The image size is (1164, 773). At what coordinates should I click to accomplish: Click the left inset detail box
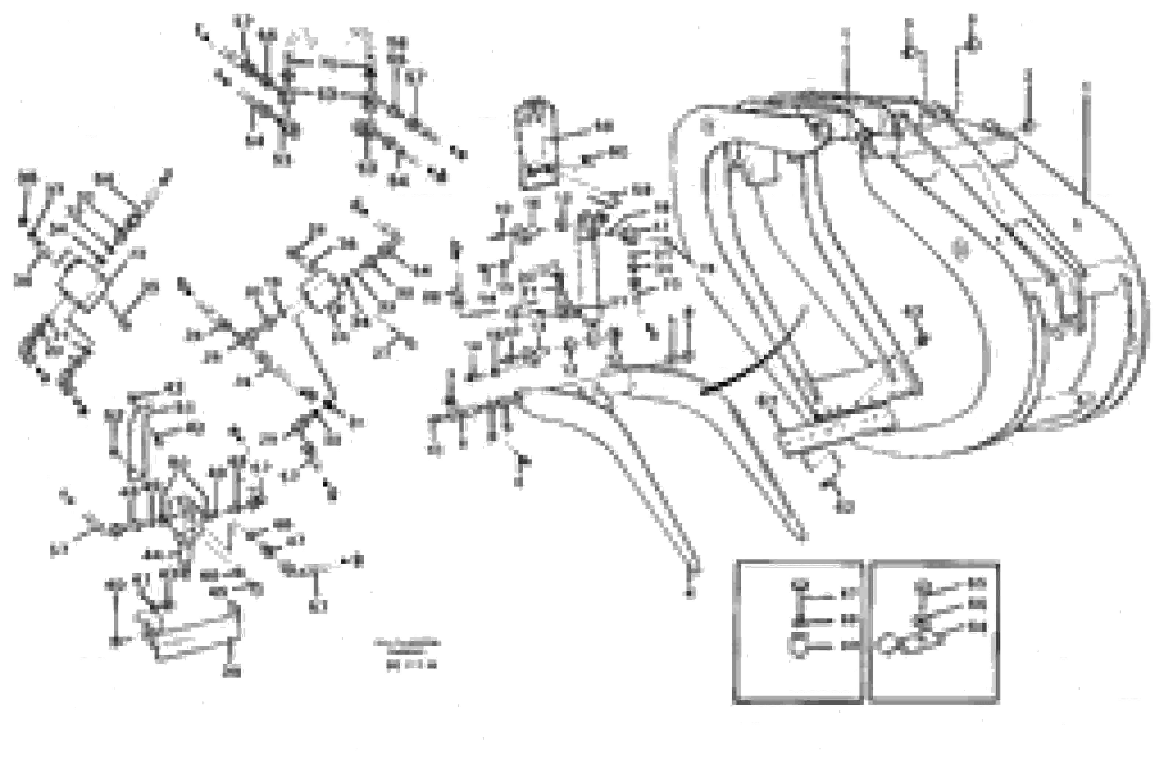coord(798,632)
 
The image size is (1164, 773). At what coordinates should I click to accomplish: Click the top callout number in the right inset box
coord(977,584)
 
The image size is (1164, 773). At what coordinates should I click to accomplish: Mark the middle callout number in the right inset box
coord(977,604)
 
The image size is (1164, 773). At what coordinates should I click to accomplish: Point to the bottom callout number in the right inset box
coord(977,628)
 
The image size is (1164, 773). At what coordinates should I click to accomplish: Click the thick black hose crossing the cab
coord(754,350)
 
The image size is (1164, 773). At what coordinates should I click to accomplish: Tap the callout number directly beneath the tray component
coord(232,671)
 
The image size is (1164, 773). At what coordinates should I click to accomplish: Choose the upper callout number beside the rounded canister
coord(604,126)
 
